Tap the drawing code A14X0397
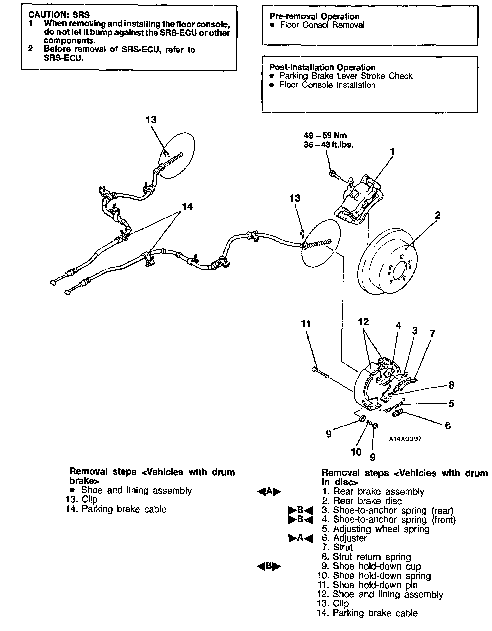click(x=405, y=439)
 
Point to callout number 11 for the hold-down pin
click(x=305, y=323)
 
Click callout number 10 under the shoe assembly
click(x=356, y=452)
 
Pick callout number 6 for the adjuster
click(x=448, y=425)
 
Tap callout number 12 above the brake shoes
click(x=363, y=322)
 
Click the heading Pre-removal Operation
click(x=314, y=16)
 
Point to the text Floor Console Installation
click(x=327, y=85)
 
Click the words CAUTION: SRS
click(x=59, y=15)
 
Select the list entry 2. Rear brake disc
click(x=362, y=501)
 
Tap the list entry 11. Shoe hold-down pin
click(x=367, y=585)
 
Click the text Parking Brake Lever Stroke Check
click(x=346, y=76)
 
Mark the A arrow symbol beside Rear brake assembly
click(x=269, y=491)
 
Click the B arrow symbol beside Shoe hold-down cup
click(x=269, y=566)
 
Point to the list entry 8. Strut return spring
click(x=366, y=557)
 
